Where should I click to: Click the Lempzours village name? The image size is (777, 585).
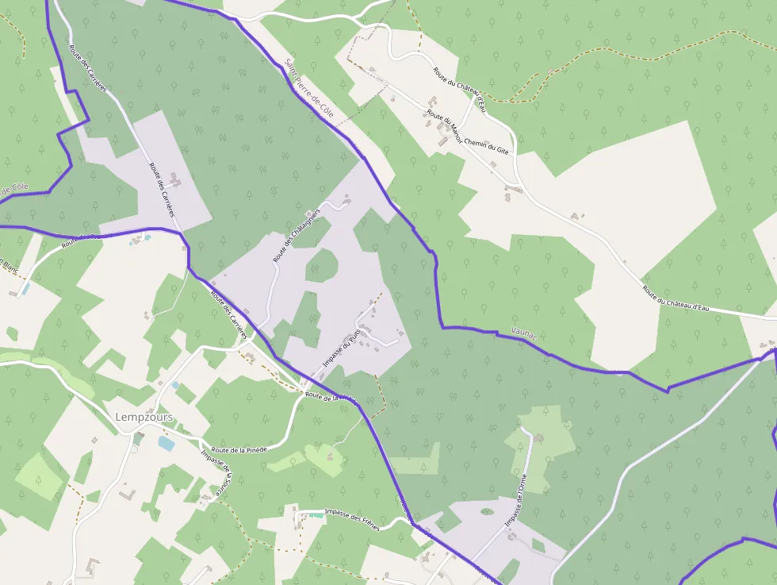click(144, 418)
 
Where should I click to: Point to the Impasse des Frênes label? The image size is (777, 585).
click(352, 520)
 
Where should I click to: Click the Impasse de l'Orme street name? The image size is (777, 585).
click(516, 501)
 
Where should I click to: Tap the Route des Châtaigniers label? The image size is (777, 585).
click(296, 236)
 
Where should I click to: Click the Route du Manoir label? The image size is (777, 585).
click(445, 127)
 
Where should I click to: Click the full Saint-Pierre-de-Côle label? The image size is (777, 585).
click(310, 90)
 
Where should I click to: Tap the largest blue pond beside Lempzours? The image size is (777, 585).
click(166, 443)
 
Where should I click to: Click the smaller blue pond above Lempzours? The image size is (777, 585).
click(175, 385)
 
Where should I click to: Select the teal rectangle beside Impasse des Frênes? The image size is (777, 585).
click(316, 515)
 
